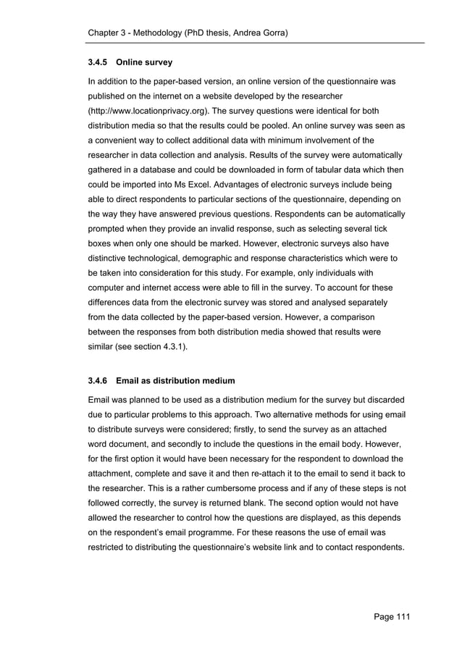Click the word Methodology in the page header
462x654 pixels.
pyautogui.click(x=169, y=34)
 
